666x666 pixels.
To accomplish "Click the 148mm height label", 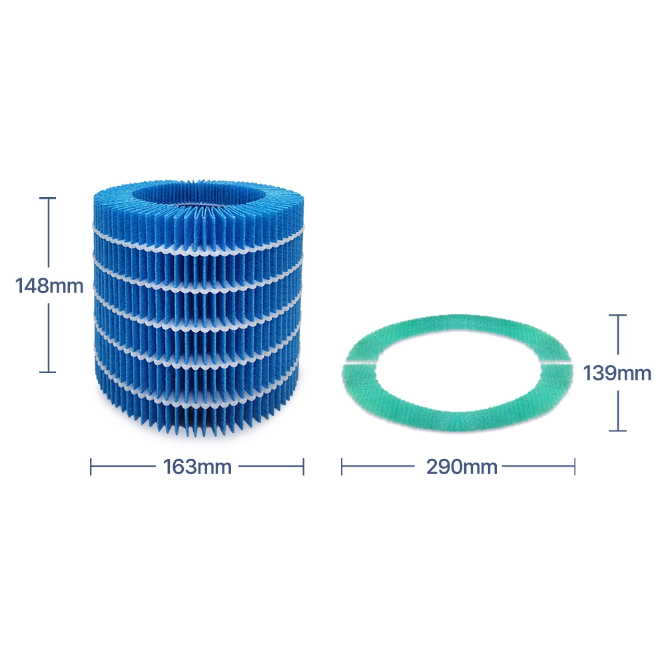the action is coord(49,286).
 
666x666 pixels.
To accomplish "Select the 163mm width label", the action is coord(197,467).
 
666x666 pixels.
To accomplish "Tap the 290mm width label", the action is coord(462,467).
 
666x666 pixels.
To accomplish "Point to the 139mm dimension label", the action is coord(617,374).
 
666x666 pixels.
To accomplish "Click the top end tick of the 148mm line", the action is coord(47,198).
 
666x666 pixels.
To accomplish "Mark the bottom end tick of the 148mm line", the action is coord(47,372).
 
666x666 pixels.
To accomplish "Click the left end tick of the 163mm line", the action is coord(91,466).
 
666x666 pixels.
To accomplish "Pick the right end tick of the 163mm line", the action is coord(304,466).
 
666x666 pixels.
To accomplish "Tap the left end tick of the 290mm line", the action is coord(342,466).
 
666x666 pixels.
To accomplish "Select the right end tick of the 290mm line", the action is coord(575,466).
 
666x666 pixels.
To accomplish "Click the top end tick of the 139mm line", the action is coord(617,315).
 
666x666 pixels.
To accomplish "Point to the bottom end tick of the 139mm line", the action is coord(617,431).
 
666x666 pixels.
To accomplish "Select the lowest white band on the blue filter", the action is coord(198,404).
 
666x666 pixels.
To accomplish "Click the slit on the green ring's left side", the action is coord(360,363).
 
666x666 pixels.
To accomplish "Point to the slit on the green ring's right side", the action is coord(555,362).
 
